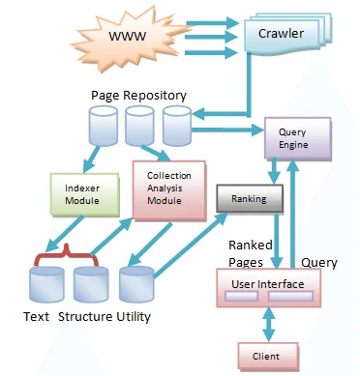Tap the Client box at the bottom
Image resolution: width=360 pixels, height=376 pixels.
[265, 357]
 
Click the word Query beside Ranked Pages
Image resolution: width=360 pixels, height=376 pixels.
[319, 262]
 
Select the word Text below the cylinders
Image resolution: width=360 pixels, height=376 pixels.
[38, 317]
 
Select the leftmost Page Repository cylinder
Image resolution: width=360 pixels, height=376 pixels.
[102, 125]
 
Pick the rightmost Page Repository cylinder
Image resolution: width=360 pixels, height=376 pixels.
[176, 125]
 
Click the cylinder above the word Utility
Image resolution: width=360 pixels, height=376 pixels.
[132, 285]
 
